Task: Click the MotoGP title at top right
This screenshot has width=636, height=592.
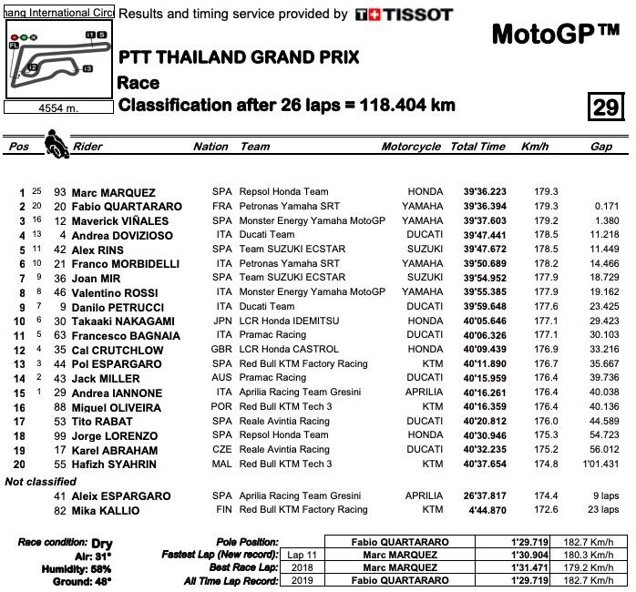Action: pos(555,35)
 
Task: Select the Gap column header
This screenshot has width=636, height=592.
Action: pos(600,147)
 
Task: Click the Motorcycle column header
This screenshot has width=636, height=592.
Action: pos(411,147)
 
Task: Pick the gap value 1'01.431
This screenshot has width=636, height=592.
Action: pos(600,464)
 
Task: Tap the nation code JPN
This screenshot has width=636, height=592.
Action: pos(221,322)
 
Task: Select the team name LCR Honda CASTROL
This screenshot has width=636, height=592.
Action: pos(290,350)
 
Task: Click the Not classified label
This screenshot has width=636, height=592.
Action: pos(41,481)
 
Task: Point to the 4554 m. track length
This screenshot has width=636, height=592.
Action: pos(57,107)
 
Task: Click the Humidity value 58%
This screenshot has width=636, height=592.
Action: pos(98,567)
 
